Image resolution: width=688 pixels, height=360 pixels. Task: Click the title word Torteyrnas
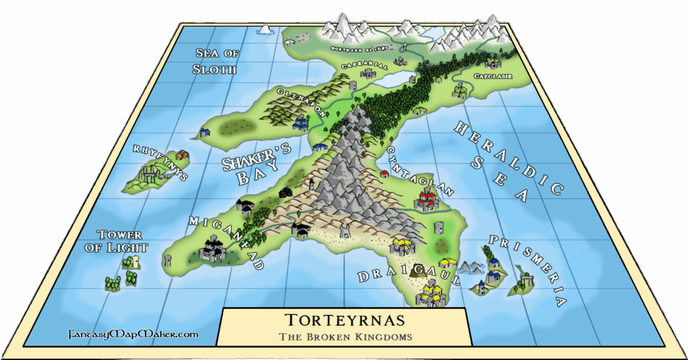pos(343,320)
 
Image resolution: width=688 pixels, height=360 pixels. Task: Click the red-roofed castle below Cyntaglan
pos(426,199)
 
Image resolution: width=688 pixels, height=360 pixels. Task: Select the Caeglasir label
pos(493,77)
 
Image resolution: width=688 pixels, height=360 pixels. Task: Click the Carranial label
pos(365,66)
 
